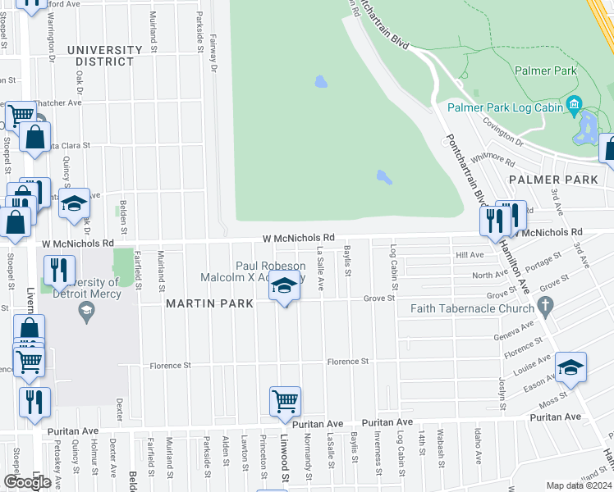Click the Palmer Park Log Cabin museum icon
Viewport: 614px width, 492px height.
tap(573, 106)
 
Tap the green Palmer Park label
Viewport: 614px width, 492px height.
tap(545, 71)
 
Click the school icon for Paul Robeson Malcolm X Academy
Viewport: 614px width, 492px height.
tap(284, 286)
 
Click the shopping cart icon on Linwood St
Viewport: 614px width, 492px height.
tap(285, 401)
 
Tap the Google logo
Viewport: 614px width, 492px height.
tap(27, 482)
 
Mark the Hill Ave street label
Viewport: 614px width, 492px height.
tap(470, 255)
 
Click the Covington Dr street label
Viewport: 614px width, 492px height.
tap(502, 129)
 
